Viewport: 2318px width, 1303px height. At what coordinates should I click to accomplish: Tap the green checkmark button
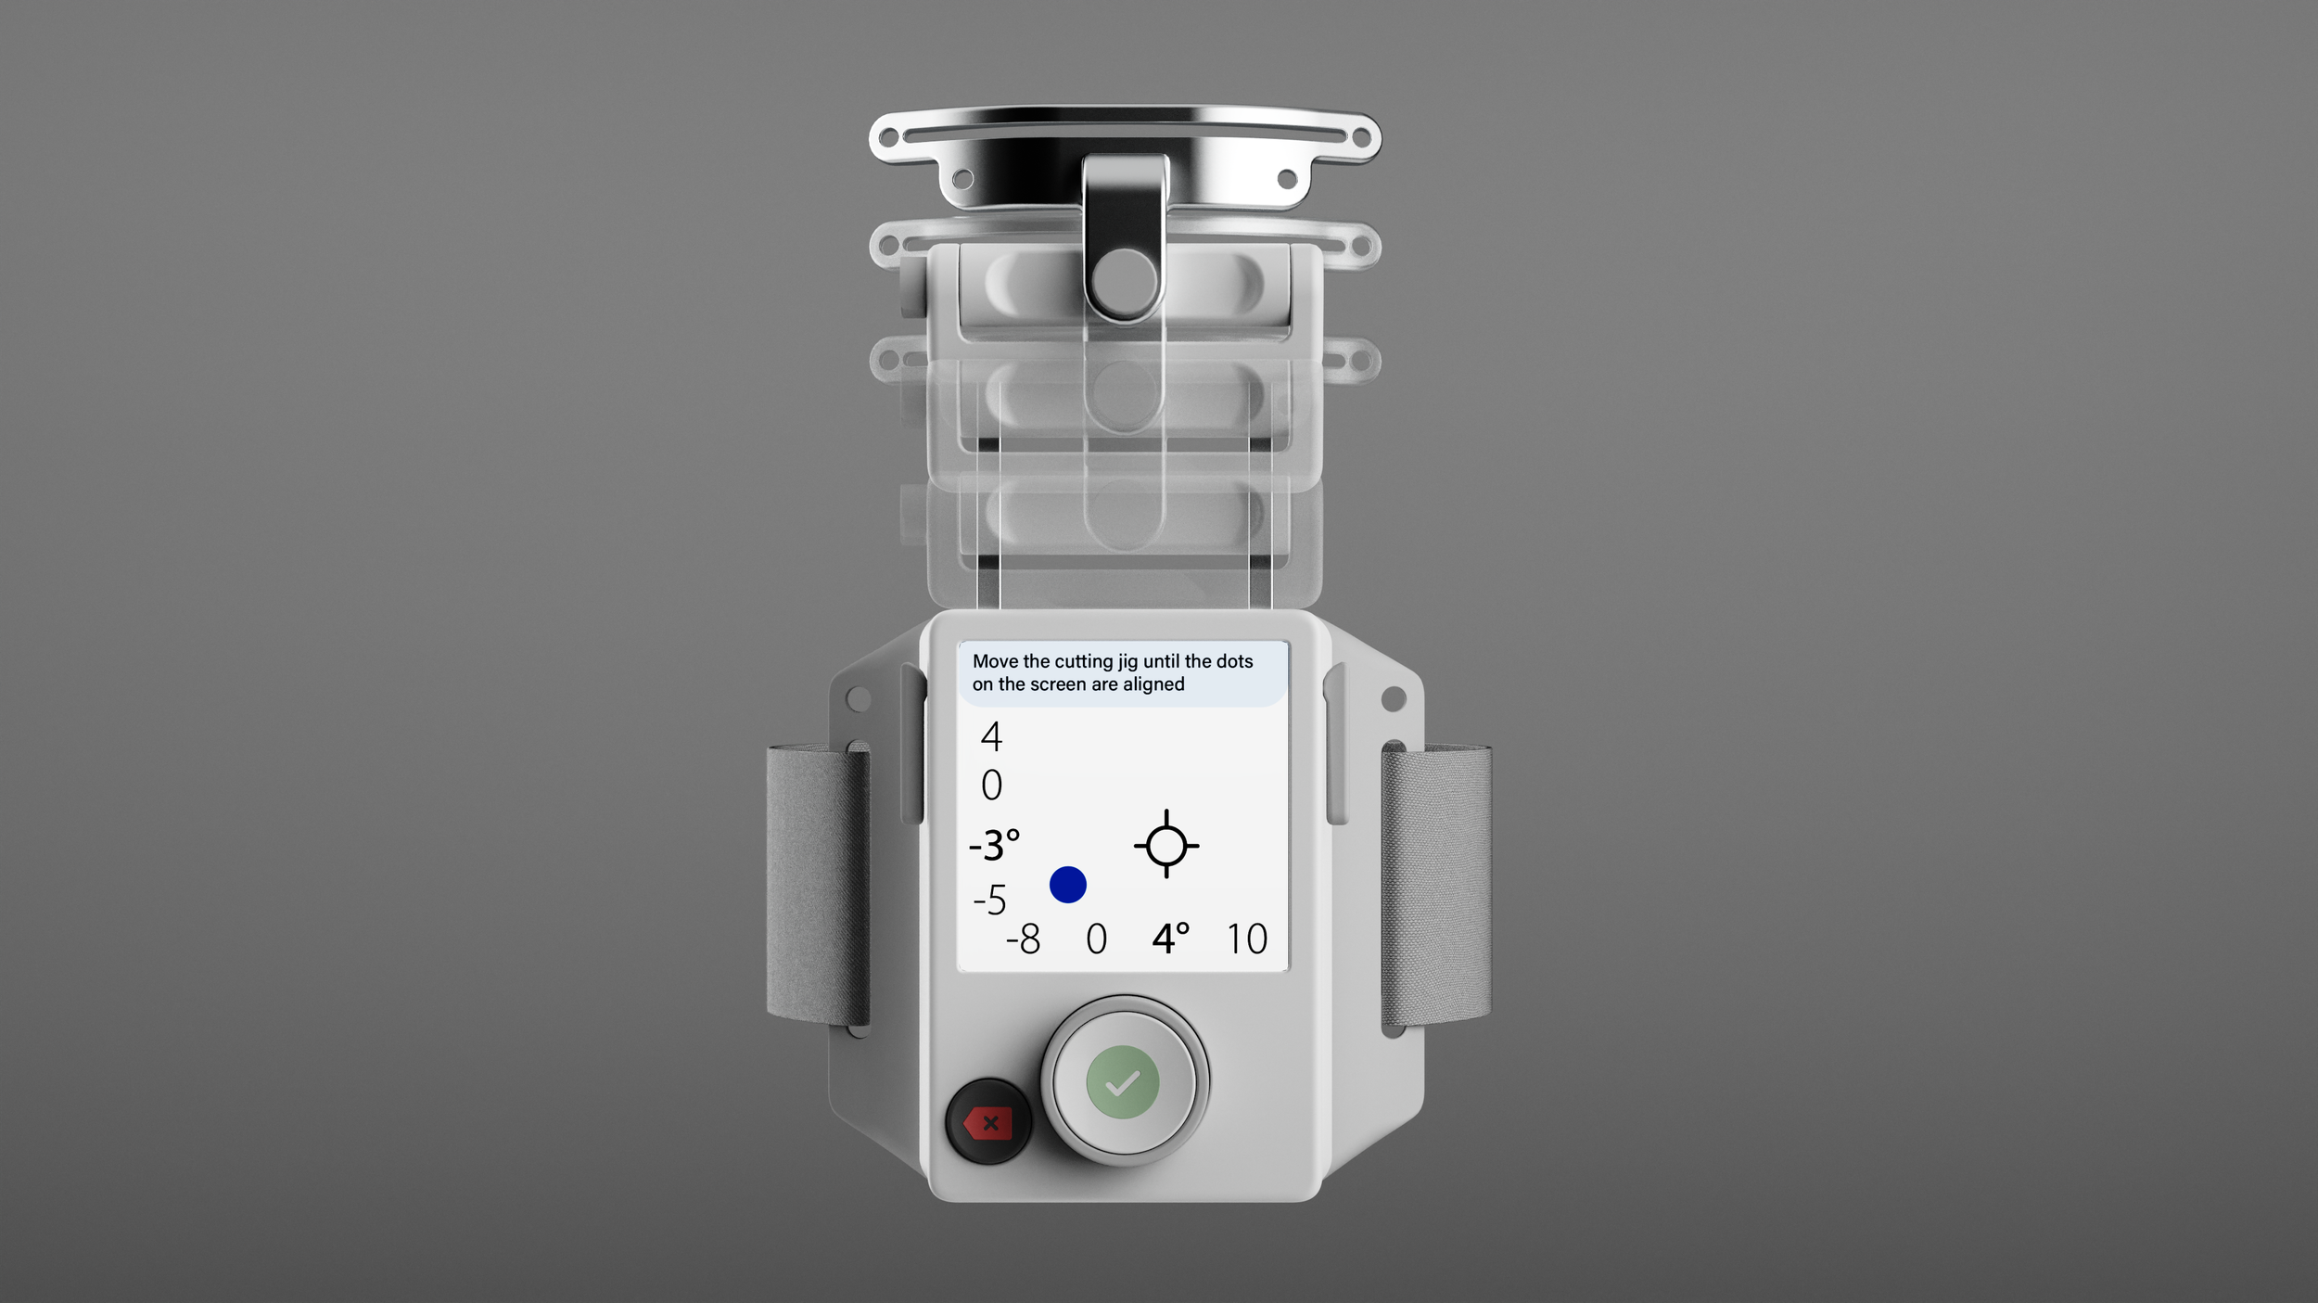coord(1122,1082)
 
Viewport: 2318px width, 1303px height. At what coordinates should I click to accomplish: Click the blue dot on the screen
coord(1067,885)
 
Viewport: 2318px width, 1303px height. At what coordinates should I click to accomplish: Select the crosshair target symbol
coord(1166,845)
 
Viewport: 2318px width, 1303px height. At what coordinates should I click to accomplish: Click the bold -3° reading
coord(994,846)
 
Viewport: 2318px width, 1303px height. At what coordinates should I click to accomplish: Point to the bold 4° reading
coord(1170,939)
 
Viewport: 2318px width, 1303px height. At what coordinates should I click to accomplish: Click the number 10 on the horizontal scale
coord(1246,939)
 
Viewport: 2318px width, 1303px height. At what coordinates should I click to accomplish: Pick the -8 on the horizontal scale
coord(1024,939)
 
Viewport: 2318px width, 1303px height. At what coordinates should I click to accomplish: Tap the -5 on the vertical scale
coord(989,900)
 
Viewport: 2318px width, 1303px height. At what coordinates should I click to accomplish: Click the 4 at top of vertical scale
coord(991,736)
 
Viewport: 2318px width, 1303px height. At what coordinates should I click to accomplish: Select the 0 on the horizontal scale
coord(1096,939)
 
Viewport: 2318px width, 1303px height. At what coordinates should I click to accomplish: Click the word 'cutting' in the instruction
coord(1083,661)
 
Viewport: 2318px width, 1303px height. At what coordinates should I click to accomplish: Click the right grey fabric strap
coord(1434,886)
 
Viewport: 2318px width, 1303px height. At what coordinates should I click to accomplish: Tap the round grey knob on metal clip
coord(1124,281)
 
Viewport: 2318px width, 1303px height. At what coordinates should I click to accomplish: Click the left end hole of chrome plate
coord(888,138)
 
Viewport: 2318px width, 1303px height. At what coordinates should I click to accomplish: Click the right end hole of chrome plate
coord(1361,138)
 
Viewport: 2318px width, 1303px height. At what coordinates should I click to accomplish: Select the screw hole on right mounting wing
coord(1393,699)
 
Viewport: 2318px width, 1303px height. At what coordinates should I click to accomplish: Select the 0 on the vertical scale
coord(991,786)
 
